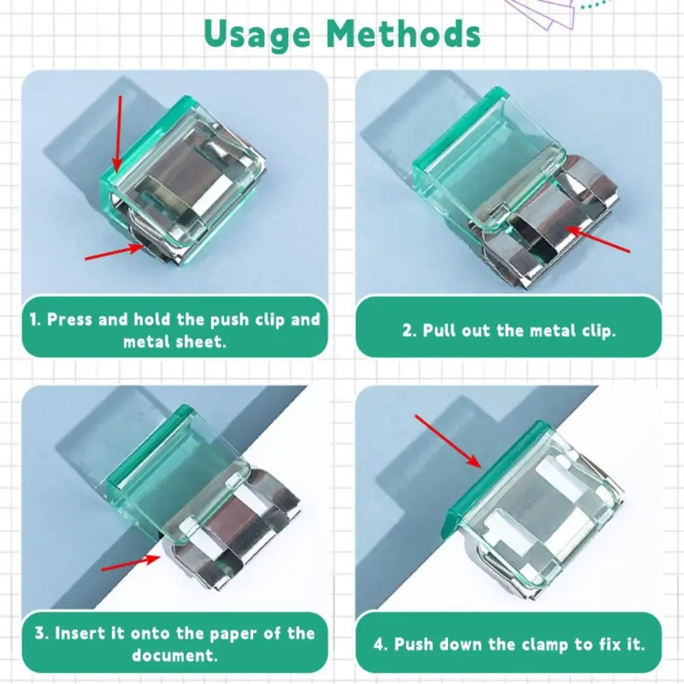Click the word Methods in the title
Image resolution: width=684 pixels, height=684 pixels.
404,34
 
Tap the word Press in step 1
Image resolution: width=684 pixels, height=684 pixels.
69,319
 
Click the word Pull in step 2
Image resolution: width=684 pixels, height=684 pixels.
439,330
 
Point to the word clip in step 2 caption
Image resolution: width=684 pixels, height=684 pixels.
599,331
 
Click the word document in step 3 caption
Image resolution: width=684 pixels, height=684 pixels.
174,655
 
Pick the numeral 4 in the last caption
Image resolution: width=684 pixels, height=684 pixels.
378,644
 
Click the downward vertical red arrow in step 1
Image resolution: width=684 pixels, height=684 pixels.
118,134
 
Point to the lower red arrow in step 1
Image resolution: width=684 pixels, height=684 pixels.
114,252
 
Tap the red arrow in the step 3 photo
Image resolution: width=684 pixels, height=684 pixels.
131,563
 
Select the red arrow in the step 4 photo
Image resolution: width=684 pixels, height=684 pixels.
448,441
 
